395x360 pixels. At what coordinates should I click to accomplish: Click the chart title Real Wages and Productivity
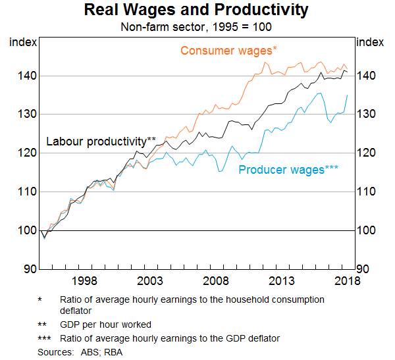pos(197,11)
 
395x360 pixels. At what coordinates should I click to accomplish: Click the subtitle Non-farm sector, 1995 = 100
pos(197,27)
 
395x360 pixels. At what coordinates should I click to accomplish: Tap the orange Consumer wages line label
pos(228,51)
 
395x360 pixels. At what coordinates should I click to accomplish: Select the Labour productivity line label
pos(100,141)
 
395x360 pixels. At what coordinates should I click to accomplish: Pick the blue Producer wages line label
pos(288,170)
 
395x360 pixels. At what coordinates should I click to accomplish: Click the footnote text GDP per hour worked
pos(105,325)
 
